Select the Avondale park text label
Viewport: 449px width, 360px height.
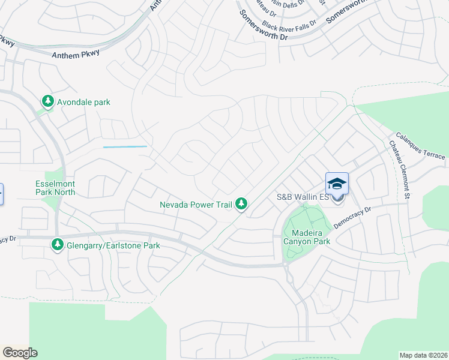[83, 102]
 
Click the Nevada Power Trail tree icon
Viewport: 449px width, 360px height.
[241, 205]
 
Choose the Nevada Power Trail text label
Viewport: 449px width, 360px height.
[196, 205]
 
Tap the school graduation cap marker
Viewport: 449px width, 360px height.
[337, 183]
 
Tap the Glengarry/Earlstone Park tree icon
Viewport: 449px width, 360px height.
[58, 245]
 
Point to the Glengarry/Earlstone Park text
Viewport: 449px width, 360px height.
[113, 245]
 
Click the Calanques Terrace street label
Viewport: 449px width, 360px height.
[420, 146]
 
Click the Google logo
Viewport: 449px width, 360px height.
[20, 353]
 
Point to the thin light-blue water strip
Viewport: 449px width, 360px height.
[125, 146]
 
